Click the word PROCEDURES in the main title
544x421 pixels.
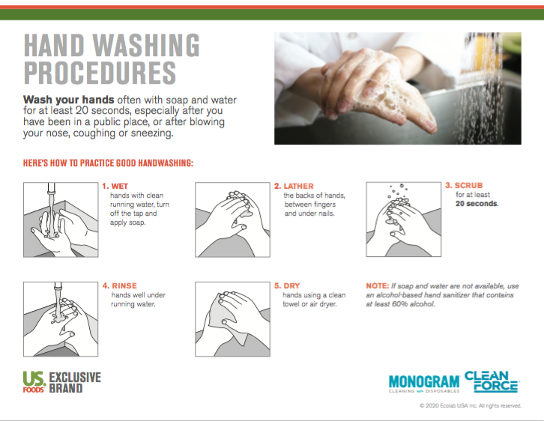pyautogui.click(x=100, y=73)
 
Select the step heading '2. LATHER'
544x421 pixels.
pyautogui.click(x=294, y=186)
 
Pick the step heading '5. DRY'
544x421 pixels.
pyautogui.click(x=287, y=285)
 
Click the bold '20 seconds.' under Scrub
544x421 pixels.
pyautogui.click(x=477, y=204)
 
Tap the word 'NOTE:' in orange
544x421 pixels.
pyautogui.click(x=377, y=286)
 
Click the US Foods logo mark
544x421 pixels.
pyautogui.click(x=34, y=382)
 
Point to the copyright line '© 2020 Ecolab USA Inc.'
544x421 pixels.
pyautogui.click(x=470, y=406)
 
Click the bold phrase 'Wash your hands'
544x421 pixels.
pyautogui.click(x=68, y=100)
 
